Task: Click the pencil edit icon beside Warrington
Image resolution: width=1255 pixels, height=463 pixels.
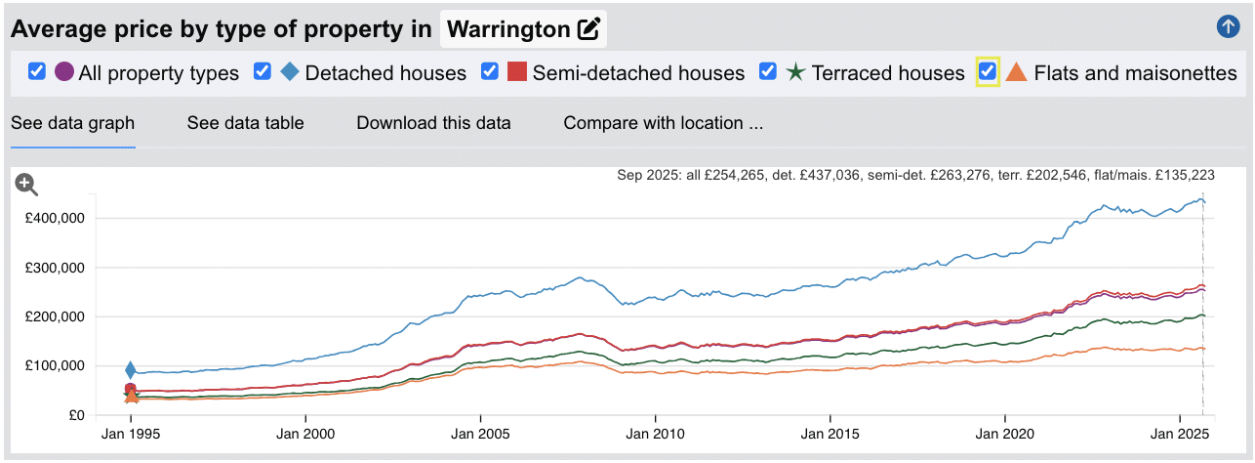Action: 588,29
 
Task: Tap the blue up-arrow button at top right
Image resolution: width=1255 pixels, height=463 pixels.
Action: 1228,26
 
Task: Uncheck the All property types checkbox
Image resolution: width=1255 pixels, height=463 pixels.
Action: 37,71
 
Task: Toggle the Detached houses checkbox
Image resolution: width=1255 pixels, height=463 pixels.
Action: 263,71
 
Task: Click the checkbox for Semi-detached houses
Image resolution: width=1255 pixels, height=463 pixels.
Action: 490,71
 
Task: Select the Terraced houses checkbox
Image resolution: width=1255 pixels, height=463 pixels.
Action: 768,71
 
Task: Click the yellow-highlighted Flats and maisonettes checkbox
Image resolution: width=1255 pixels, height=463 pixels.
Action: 988,71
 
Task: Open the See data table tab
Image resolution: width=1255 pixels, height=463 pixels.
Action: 245,123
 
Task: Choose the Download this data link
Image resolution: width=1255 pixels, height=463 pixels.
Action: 433,123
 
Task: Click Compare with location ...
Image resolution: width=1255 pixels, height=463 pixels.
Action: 663,123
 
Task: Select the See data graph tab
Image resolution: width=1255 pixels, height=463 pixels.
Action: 72,123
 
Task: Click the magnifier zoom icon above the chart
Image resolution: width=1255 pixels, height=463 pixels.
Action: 26,185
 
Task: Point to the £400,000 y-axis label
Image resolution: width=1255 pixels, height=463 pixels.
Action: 57,218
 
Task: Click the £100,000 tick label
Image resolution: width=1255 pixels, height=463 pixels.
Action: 57,365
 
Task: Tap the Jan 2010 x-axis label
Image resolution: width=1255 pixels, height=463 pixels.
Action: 655,433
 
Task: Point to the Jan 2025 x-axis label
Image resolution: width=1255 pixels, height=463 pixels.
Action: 1178,433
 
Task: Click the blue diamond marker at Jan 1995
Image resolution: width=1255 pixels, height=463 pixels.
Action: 131,370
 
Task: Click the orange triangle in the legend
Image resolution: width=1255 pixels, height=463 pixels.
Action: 1016,72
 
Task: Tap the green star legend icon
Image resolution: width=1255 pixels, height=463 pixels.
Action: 795,72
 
